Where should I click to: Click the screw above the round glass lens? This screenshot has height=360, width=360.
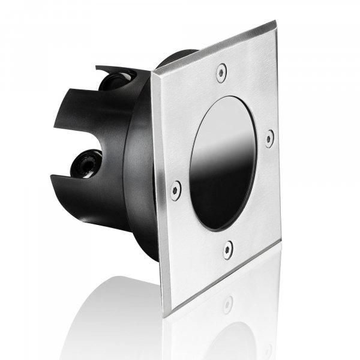pos(221,72)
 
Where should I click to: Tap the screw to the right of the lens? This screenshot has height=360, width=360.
pos(269,137)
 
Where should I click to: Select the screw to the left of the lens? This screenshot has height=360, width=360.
pos(175,190)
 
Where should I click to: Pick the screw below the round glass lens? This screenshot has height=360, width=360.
pos(228,250)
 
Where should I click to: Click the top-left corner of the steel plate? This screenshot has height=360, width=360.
pos(152,73)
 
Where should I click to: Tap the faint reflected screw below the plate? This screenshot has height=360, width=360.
pos(227,304)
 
